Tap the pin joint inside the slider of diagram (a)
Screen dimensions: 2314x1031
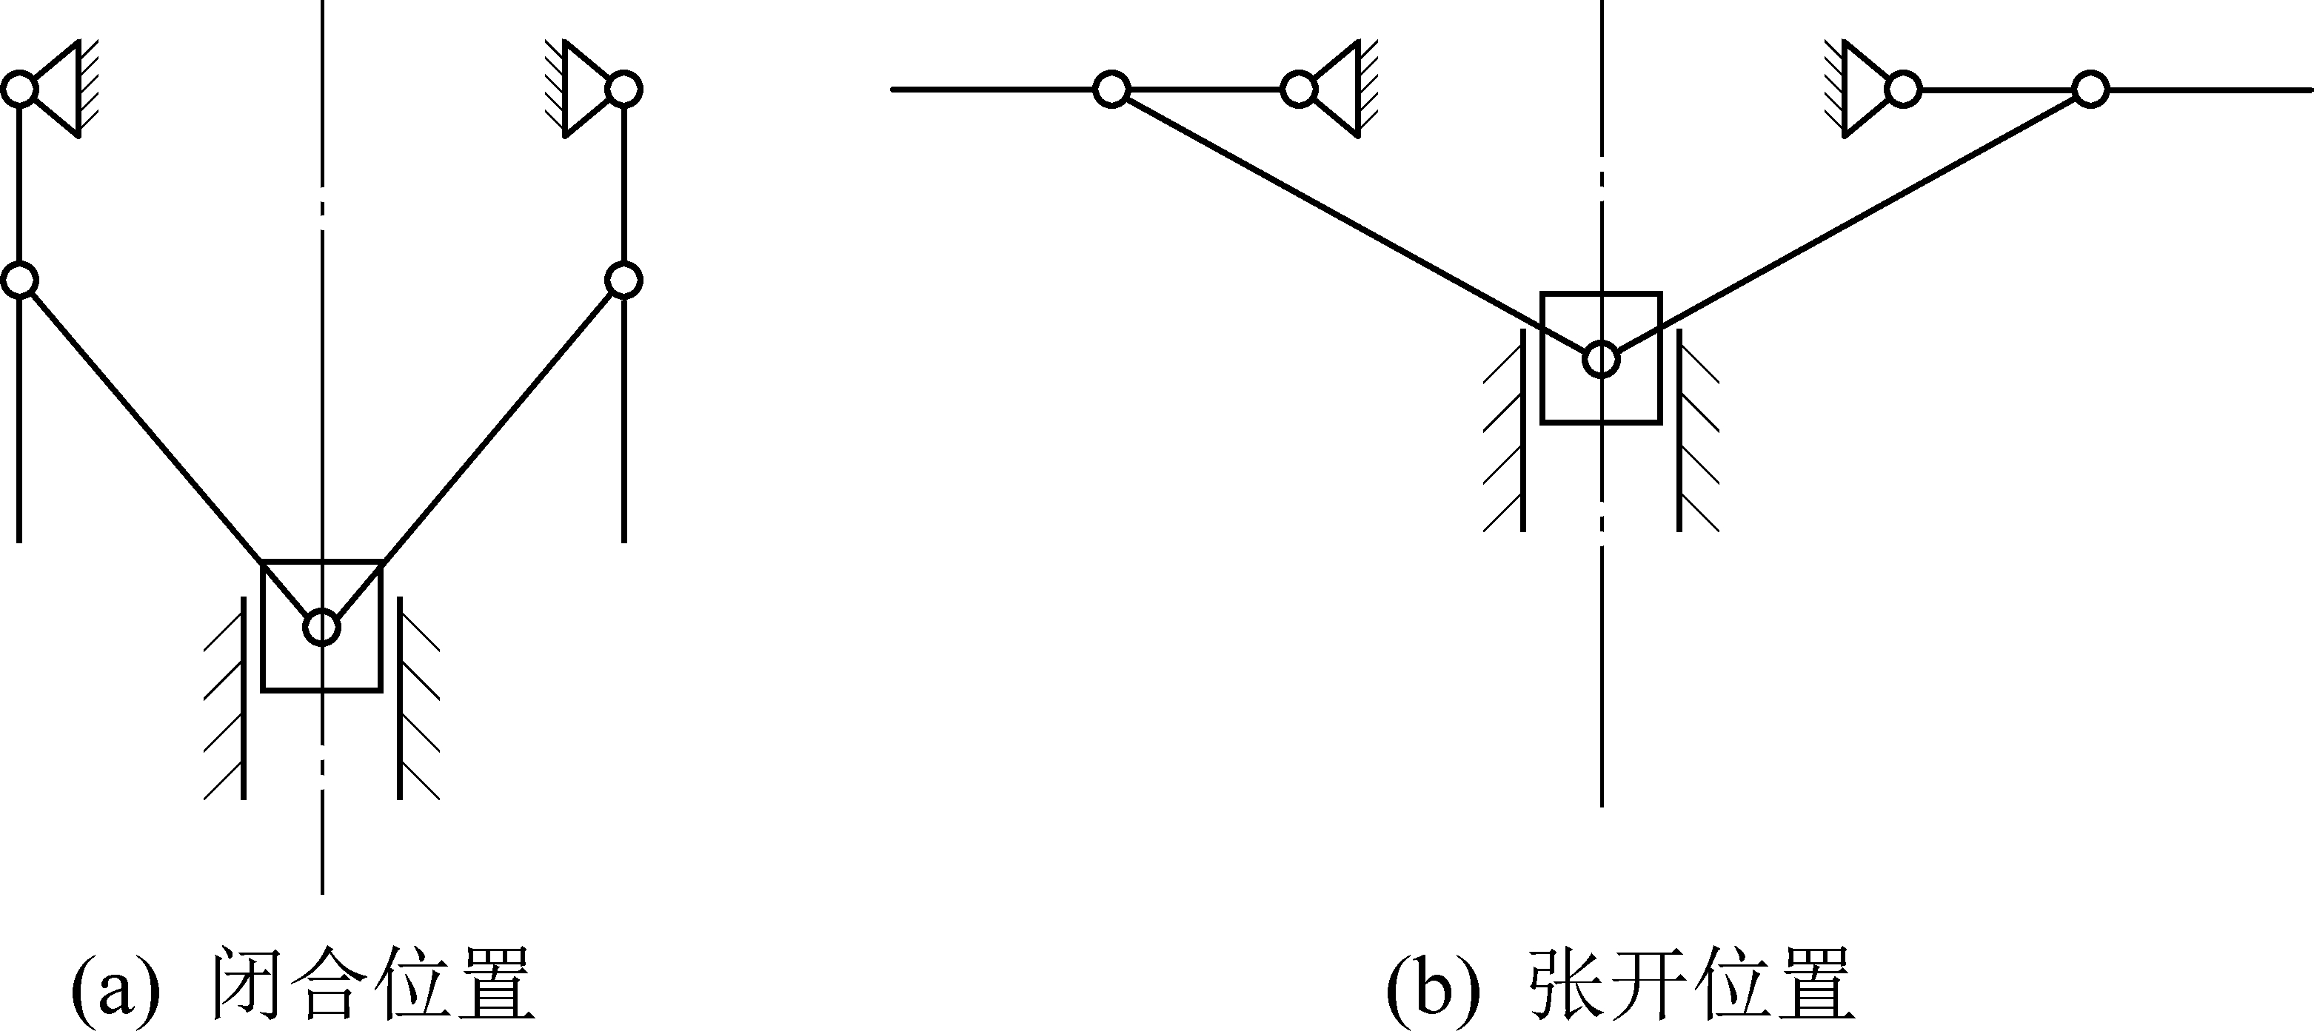[x=321, y=627]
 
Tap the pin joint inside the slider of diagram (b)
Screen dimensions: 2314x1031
[x=1601, y=359]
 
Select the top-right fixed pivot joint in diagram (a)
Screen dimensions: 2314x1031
[x=623, y=90]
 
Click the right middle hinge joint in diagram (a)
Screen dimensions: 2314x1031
[x=623, y=279]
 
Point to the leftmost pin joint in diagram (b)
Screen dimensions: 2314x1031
[x=1111, y=90]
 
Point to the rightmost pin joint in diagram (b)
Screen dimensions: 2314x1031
[x=2090, y=90]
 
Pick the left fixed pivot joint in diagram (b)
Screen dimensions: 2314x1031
[x=1299, y=90]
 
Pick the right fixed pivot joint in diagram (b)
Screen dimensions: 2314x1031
[x=1902, y=90]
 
